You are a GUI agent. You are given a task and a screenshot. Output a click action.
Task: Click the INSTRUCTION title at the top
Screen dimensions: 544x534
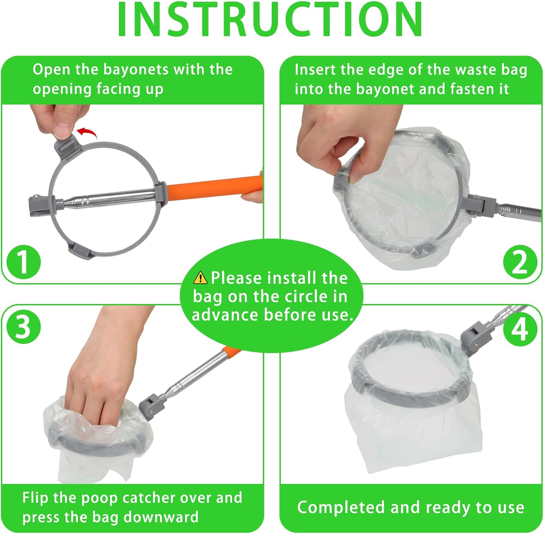pyautogui.click(x=270, y=19)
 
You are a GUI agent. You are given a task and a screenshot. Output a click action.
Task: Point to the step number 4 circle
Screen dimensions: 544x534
pyautogui.click(x=520, y=329)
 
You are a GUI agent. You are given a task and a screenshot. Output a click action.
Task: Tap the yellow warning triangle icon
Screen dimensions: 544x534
pyautogui.click(x=200, y=278)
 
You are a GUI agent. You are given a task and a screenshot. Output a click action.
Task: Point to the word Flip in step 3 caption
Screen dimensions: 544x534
pyautogui.click(x=36, y=498)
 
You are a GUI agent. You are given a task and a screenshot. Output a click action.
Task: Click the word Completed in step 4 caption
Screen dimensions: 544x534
pyautogui.click(x=341, y=508)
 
